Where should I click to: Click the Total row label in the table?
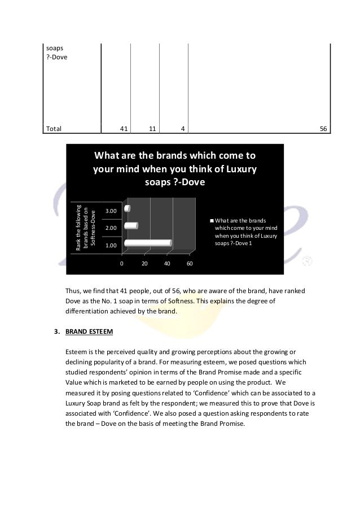[54, 129]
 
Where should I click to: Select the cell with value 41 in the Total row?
[123, 129]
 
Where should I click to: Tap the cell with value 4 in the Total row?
[182, 129]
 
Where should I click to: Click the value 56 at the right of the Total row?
[323, 129]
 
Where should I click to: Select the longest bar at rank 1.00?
[147, 243]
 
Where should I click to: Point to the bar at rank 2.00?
[131, 226]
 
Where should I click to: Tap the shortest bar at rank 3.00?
[126, 209]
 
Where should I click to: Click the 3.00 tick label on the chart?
[112, 211]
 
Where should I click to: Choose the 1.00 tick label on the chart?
[112, 246]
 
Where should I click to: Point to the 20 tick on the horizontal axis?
[144, 264]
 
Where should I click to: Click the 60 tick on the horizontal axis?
[190, 264]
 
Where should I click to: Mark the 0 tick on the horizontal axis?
[121, 264]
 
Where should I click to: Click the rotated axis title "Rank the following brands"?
[86, 226]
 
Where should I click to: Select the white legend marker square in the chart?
[212, 221]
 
